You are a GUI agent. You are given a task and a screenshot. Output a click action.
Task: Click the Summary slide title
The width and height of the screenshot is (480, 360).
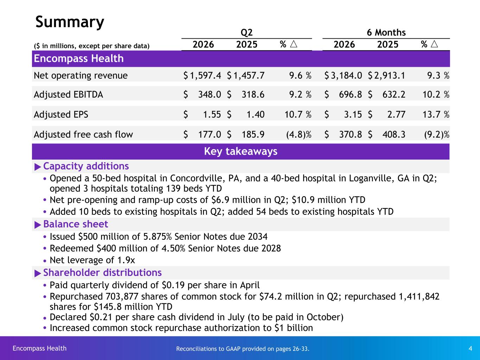point(70,22)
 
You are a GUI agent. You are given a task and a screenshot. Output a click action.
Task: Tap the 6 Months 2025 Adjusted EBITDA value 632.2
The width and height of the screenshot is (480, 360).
point(393,95)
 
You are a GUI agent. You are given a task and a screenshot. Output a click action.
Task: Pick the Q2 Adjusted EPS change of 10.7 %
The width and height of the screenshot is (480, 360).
point(298,115)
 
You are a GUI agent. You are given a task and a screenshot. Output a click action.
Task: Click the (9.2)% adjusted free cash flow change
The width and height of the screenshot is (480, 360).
point(436,135)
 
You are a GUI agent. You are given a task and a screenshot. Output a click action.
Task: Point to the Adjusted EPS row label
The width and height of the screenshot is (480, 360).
point(61,115)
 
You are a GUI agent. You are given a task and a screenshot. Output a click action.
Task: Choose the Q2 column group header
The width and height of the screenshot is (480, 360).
point(247,33)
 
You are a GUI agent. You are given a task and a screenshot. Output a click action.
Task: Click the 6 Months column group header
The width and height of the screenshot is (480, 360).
point(386,32)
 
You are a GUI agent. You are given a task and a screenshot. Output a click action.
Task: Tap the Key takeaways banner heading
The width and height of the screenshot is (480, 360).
point(241,151)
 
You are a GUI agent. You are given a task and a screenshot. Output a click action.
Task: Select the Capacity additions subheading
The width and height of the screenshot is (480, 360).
point(86,166)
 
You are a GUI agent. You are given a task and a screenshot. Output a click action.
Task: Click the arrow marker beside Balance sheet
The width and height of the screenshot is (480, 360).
point(38,225)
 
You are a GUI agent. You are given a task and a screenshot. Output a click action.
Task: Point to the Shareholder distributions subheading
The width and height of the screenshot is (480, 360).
point(102,272)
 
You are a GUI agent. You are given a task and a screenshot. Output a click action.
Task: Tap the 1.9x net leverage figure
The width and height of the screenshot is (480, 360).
point(126,260)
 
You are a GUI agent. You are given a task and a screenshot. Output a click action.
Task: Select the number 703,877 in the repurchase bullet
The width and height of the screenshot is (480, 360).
point(122,297)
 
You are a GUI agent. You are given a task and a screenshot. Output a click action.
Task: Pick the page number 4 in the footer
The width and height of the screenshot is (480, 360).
point(471,348)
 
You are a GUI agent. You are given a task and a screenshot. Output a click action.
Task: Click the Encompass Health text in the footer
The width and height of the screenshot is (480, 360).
point(40,348)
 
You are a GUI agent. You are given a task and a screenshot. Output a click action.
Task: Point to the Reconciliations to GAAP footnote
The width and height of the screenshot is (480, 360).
point(243,349)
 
